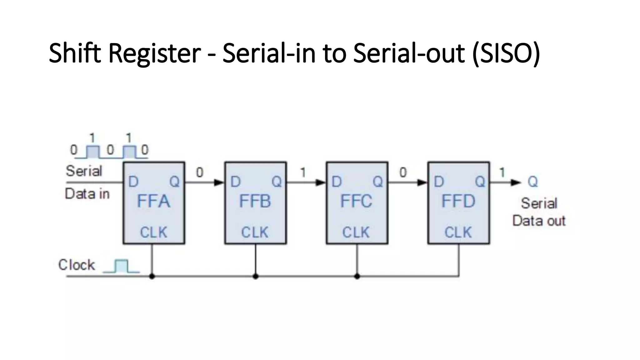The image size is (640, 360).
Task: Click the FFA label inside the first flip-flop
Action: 153,201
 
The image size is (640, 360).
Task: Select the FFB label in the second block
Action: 255,201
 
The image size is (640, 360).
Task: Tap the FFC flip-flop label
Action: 356,201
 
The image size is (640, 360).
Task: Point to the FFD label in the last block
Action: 458,201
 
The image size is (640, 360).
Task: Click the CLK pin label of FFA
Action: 153,232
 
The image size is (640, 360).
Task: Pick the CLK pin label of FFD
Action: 458,232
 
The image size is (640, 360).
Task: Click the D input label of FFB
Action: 235,182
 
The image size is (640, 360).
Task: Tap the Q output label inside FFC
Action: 378,182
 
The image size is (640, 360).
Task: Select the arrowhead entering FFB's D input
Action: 219,182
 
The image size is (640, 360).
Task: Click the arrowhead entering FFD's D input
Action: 422,182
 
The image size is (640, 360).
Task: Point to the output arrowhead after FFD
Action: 516,182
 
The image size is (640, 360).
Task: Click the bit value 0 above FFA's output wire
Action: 199,172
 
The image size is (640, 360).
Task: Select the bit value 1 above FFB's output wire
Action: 303,172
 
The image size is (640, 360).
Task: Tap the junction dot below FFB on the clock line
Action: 256,277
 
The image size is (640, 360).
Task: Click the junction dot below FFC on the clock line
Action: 357,277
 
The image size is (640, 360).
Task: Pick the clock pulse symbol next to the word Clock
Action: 121,266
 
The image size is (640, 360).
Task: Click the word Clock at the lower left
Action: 77,265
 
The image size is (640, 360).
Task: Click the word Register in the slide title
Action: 155,53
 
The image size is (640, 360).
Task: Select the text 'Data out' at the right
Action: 539,221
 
